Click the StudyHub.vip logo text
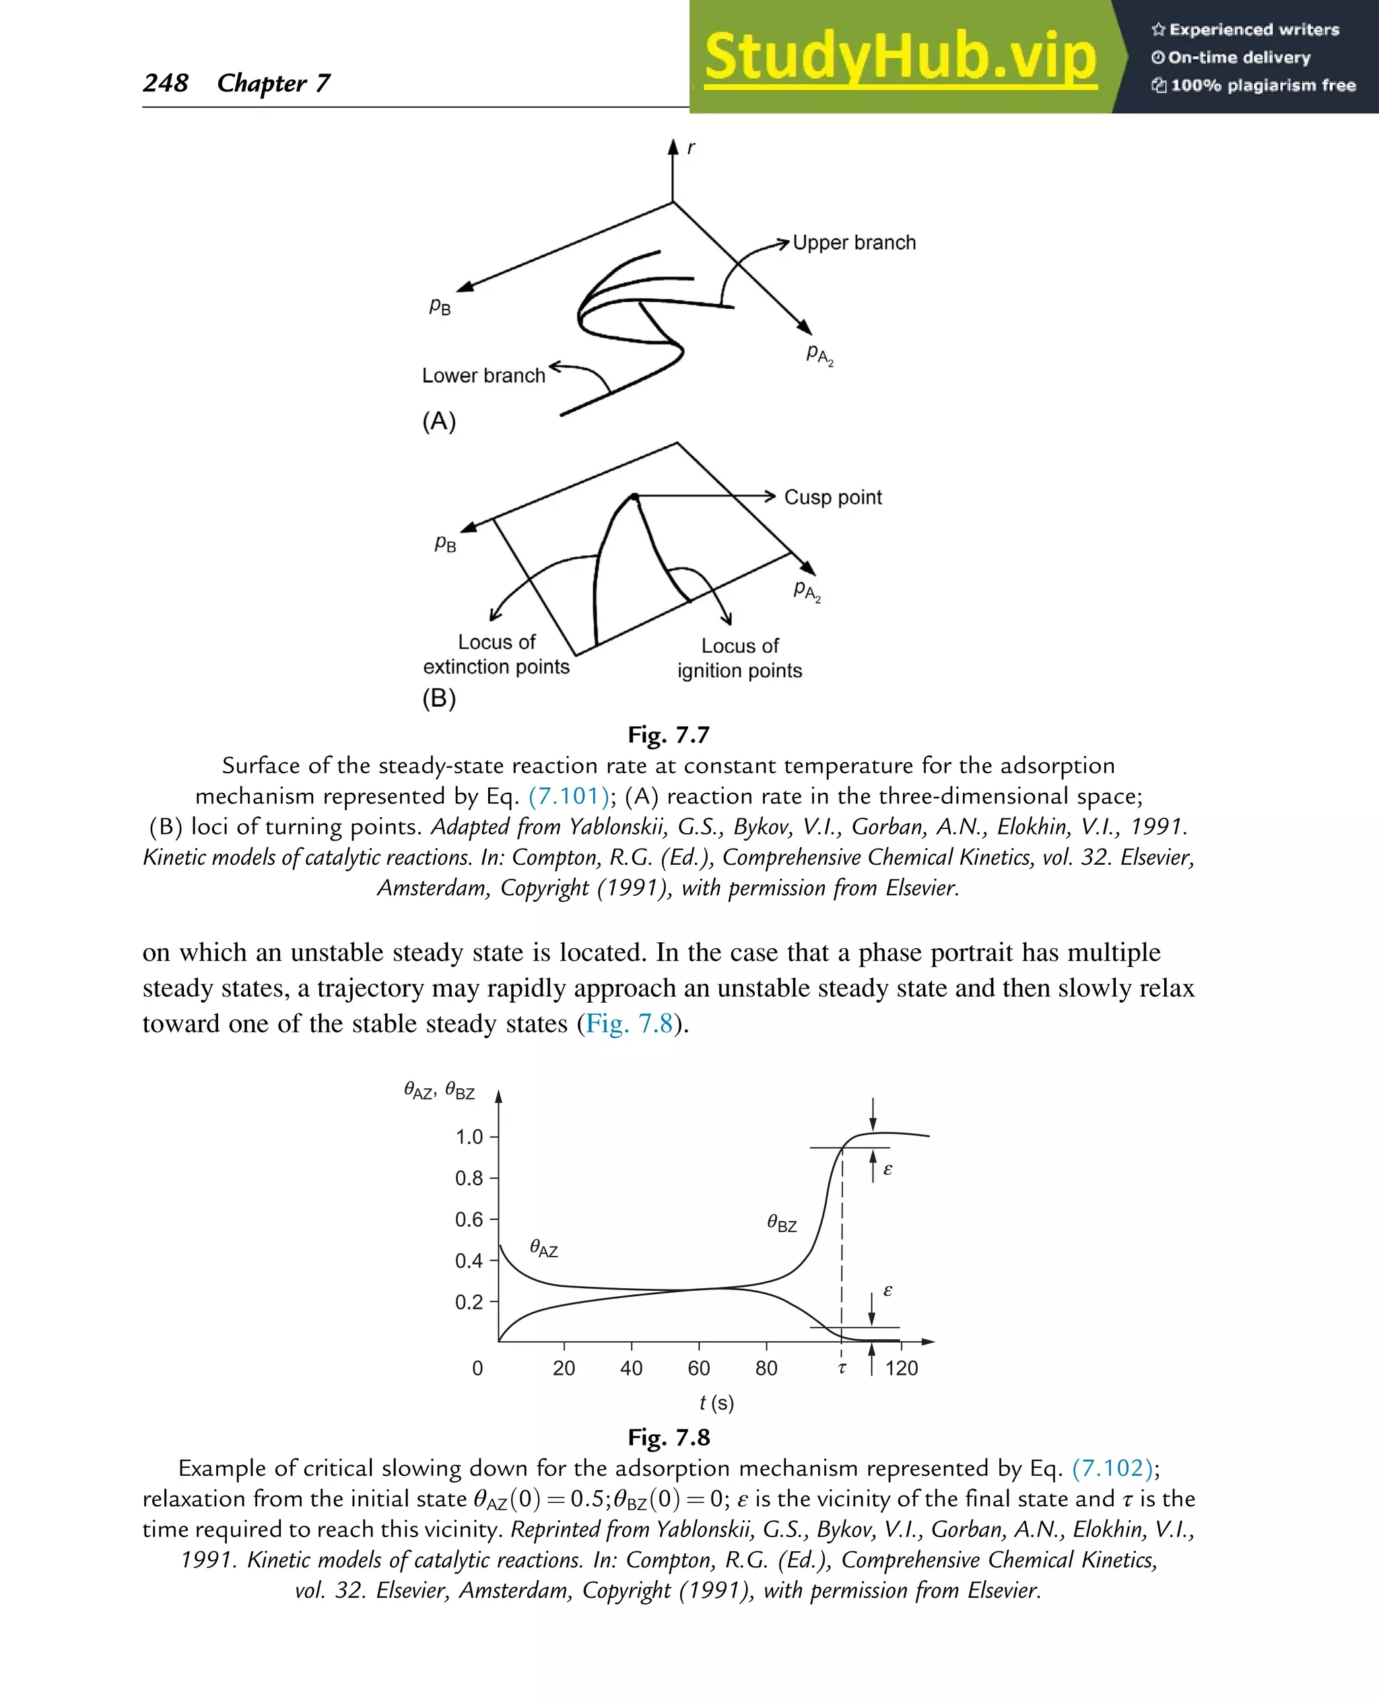[900, 57]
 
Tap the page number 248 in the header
[165, 83]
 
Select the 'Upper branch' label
[854, 242]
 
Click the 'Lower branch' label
[483, 376]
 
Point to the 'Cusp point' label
[832, 497]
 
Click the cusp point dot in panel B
[634, 497]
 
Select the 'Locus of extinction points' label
[496, 654]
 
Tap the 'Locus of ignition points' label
[739, 658]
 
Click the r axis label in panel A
[690, 147]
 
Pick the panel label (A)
[438, 421]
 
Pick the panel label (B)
[438, 698]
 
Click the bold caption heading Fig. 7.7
[668, 734]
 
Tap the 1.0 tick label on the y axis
[469, 1137]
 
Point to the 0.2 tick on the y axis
[469, 1302]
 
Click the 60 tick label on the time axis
[698, 1368]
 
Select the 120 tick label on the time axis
[901, 1368]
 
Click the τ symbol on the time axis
[842, 1368]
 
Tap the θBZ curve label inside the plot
[782, 1224]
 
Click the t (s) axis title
[716, 1403]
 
